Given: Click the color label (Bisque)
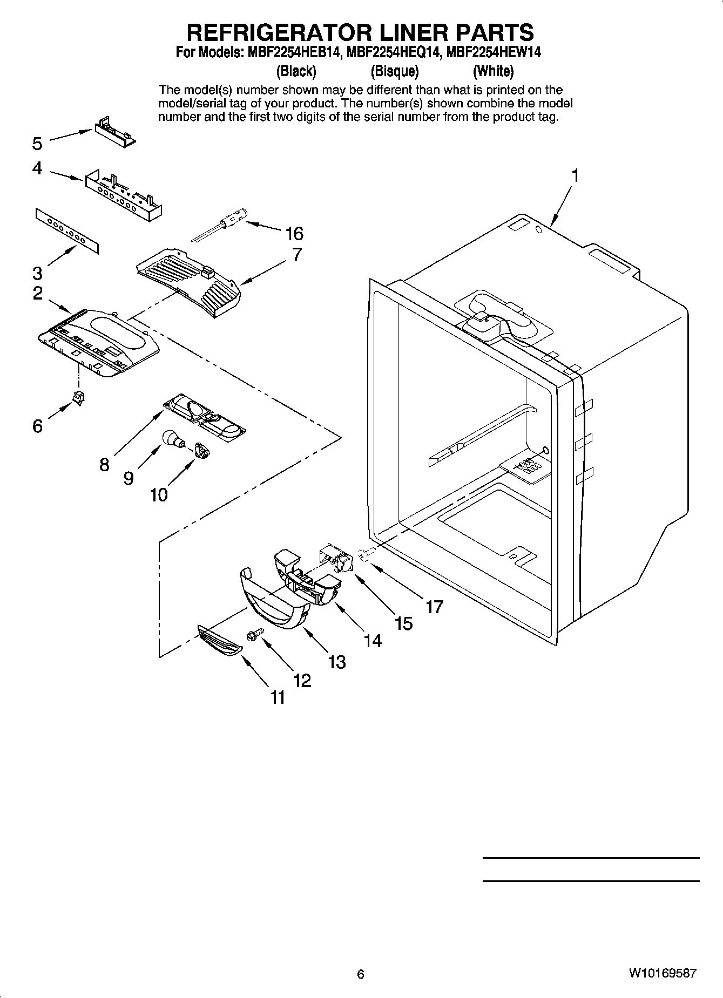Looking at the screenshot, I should coord(395,71).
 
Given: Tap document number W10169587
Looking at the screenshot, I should coord(662,973).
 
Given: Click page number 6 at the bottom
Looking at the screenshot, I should coord(361,974).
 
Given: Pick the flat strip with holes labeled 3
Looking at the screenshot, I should coord(68,231).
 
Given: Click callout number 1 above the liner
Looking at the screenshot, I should coord(575,175).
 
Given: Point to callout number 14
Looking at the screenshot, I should coord(372,641).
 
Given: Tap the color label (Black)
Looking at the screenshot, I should coord(296,71).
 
